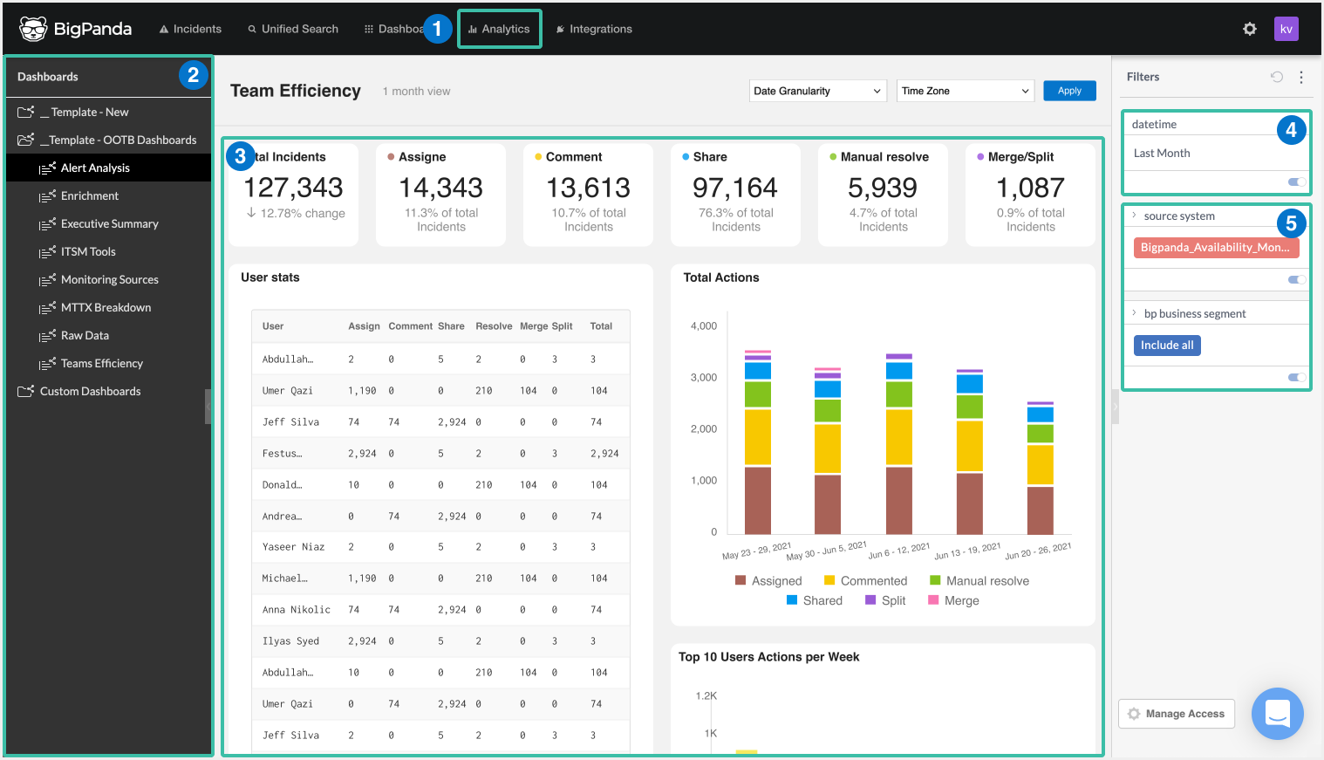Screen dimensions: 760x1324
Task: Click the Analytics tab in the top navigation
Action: [500, 29]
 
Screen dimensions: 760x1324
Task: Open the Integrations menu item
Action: [594, 29]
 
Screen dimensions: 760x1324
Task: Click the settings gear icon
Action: [1249, 29]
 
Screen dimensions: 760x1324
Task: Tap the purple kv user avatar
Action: [1286, 29]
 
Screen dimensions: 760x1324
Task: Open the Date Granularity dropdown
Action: [817, 91]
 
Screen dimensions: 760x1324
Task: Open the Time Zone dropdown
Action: [965, 91]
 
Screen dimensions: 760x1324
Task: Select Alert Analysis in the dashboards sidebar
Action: [95, 168]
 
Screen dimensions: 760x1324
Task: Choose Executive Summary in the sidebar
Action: [109, 223]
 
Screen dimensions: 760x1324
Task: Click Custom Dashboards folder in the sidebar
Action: [90, 391]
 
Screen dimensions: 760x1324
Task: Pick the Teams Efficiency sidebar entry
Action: [101, 363]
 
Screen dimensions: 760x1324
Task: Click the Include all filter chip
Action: [1166, 346]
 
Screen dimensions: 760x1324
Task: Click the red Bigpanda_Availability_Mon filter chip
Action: [1215, 248]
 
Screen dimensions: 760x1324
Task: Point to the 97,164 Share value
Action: [734, 188]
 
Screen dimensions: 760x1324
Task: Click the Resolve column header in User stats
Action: [494, 326]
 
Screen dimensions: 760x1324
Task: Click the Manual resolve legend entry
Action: [986, 581]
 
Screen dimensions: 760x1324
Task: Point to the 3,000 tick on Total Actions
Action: [703, 378]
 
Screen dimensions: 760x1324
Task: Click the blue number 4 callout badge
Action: [1291, 130]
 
